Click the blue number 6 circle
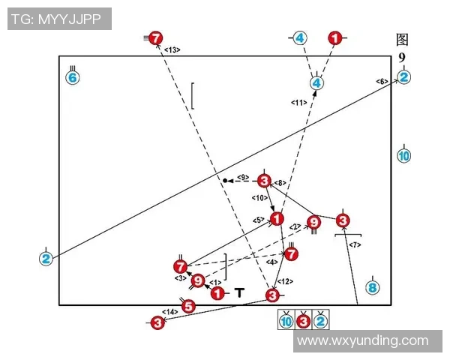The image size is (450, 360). [73, 77]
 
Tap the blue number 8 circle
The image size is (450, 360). [373, 287]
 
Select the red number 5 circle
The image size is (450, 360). [188, 305]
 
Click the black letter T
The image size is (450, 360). [239, 293]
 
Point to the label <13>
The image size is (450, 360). [172, 49]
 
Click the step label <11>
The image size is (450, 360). [298, 102]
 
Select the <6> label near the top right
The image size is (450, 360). [381, 81]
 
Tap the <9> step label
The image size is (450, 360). [242, 177]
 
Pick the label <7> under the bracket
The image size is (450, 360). [355, 245]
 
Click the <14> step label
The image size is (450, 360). [170, 311]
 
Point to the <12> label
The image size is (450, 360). [284, 281]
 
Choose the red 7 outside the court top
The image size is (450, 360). [155, 37]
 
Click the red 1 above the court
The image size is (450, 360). [335, 37]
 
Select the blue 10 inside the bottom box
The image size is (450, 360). [286, 322]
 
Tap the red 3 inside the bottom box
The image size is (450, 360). [303, 322]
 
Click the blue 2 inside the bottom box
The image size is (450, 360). [320, 322]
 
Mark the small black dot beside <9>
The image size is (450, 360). [224, 181]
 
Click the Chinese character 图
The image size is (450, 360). [403, 40]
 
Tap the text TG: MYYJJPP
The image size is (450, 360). [59, 18]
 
